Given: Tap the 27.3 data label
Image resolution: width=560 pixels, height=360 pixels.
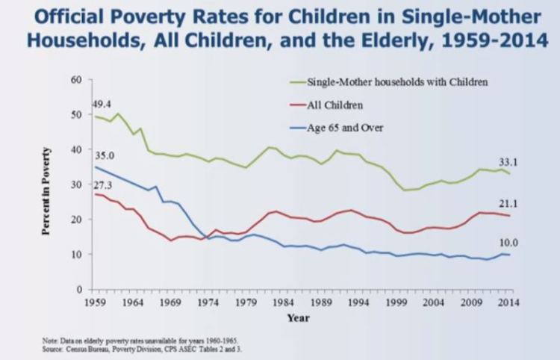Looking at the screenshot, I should pyautogui.click(x=103, y=184).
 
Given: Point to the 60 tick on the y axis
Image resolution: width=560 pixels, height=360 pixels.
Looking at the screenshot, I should pyautogui.click(x=76, y=79).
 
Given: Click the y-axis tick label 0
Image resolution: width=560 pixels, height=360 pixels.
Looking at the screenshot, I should pyautogui.click(x=78, y=289).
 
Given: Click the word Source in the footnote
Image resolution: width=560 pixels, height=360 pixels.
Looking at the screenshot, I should pyautogui.click(x=54, y=348).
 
